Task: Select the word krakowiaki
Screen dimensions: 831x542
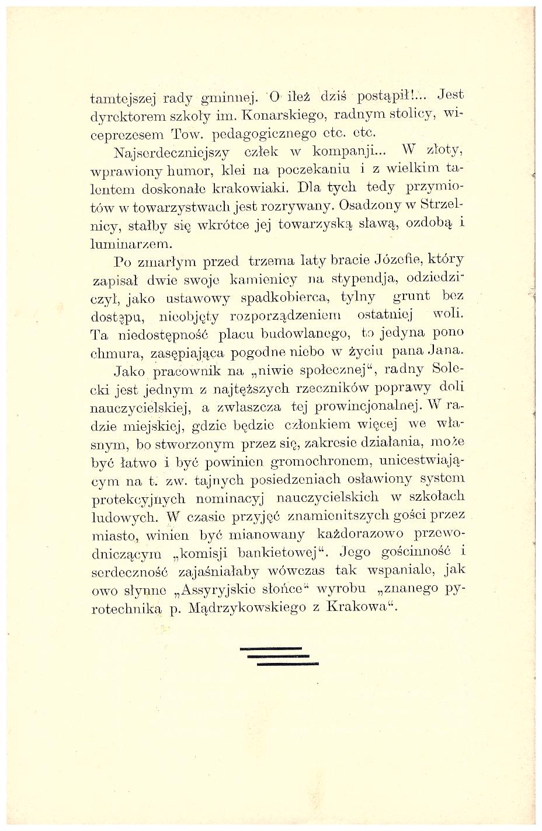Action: point(252,190)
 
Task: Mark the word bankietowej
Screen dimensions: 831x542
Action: point(279,552)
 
